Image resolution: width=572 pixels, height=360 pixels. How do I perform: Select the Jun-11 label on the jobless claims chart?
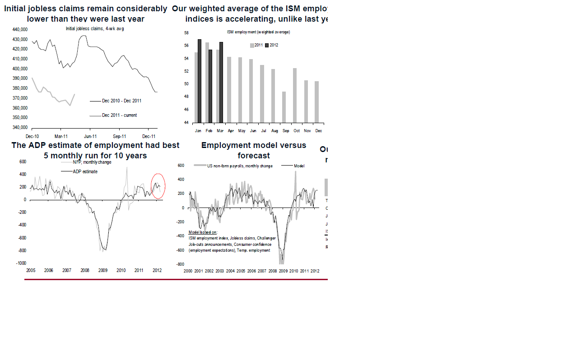[90, 136]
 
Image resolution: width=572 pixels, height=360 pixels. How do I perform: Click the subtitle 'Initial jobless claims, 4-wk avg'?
[95, 29]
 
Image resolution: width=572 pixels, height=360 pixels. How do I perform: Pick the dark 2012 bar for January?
[200, 81]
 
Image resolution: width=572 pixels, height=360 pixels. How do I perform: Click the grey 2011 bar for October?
[295, 95]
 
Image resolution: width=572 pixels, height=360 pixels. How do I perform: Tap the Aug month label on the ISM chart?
[274, 131]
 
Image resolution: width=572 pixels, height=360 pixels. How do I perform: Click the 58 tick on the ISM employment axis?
[186, 33]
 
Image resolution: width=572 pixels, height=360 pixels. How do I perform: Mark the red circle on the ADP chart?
[158, 186]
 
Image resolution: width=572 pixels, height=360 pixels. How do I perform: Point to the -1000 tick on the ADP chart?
[21, 263]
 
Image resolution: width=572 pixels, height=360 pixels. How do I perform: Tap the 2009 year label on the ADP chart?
[103, 271]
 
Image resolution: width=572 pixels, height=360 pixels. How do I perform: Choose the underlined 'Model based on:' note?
[203, 232]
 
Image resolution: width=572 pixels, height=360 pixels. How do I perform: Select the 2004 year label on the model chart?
[230, 271]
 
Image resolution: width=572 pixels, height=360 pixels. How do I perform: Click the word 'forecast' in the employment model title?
[254, 156]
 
